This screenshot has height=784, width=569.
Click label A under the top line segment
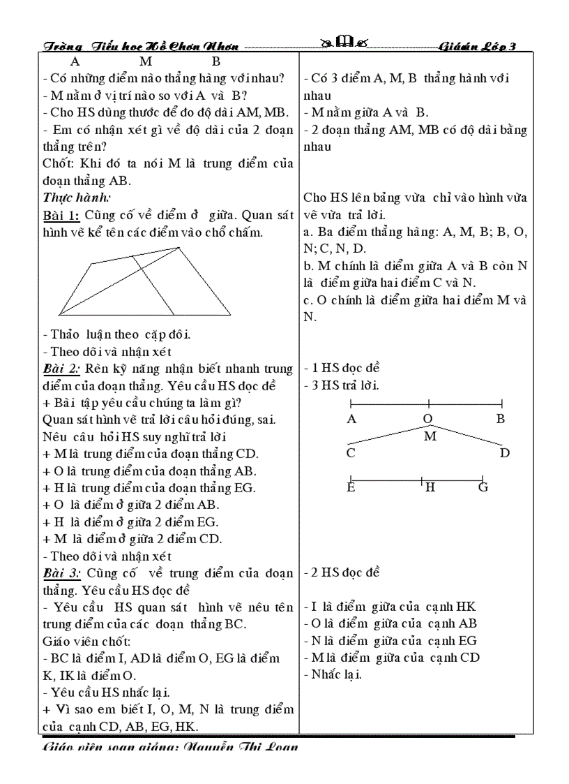[x=351, y=419]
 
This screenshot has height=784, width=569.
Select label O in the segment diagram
[x=428, y=419]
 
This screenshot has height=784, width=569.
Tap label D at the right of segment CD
[x=505, y=453]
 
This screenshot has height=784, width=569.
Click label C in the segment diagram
[x=351, y=453]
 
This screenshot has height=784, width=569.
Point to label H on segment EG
[x=430, y=487]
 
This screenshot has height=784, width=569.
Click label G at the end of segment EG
[x=483, y=487]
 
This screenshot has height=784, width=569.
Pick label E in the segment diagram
[x=351, y=487]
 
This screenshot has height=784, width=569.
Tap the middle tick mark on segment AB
[x=428, y=403]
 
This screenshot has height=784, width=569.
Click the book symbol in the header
[x=345, y=45]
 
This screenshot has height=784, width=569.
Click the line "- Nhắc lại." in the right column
[x=333, y=674]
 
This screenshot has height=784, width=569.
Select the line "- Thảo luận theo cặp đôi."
[x=117, y=334]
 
